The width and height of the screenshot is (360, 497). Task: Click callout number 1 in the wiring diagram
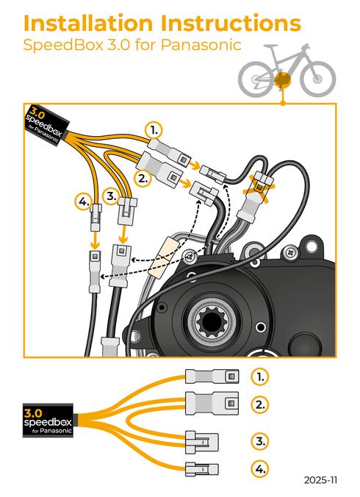tap(153, 130)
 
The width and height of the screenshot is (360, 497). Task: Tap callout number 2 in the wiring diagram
tap(143, 177)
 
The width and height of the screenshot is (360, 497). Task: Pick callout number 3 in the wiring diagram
tap(112, 196)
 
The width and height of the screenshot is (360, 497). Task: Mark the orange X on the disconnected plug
tap(262, 182)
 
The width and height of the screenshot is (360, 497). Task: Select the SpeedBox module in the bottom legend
tap(48, 421)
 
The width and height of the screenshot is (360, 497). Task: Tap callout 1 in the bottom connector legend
tap(259, 376)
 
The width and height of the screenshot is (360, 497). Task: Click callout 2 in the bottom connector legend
tap(259, 404)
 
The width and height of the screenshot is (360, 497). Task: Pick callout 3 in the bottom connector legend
tap(259, 441)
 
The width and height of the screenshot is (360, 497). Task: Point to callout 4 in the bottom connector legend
tap(259, 468)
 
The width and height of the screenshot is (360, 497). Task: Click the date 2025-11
tap(320, 480)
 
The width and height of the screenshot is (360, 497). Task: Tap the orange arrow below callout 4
tap(94, 238)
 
